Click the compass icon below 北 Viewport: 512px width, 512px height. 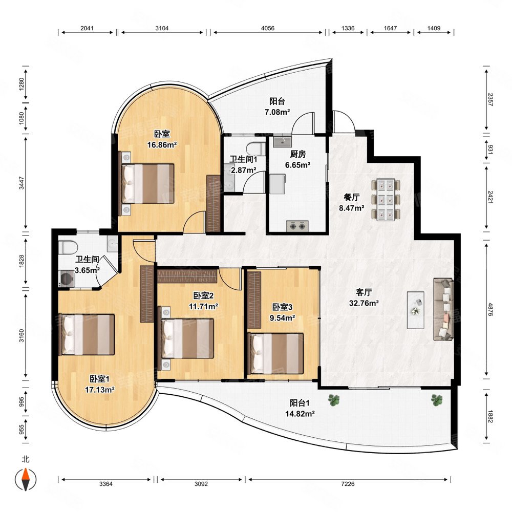pyautogui.click(x=26, y=479)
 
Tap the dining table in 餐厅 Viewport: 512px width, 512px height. pyautogui.click(x=386, y=200)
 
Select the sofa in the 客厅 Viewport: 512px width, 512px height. pyautogui.click(x=443, y=310)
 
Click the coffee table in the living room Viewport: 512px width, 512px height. pyautogui.click(x=416, y=310)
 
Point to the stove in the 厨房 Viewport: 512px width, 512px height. pyautogui.click(x=297, y=226)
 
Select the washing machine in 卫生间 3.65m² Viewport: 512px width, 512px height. pyautogui.click(x=67, y=279)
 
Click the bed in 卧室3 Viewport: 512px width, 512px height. pyautogui.click(x=276, y=353)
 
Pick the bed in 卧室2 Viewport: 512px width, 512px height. pyautogui.click(x=187, y=338)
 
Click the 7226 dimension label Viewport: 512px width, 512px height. pyautogui.click(x=348, y=484)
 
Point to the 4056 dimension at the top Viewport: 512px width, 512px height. pyautogui.click(x=267, y=28)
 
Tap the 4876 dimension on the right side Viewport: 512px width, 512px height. pyautogui.click(x=490, y=309)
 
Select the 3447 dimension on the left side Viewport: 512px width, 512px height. pyautogui.click(x=21, y=183)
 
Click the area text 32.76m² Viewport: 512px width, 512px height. pyautogui.click(x=364, y=303)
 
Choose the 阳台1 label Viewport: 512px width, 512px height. pyautogui.click(x=300, y=403)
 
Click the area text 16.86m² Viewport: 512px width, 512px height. pyautogui.click(x=162, y=144)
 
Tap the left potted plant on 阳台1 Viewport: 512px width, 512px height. pyautogui.click(x=334, y=400)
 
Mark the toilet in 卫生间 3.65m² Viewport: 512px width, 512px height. pyautogui.click(x=68, y=247)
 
